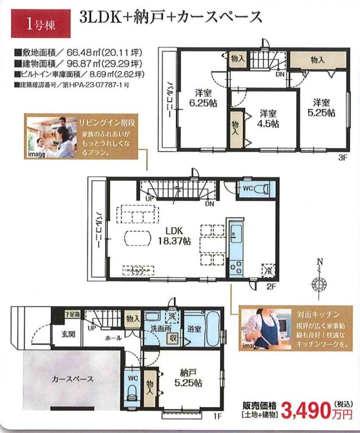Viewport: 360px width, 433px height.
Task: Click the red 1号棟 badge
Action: (41, 24)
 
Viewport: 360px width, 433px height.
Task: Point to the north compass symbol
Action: (319, 280)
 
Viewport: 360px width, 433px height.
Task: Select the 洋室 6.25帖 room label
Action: (202, 98)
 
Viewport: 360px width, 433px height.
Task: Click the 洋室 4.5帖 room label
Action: (267, 118)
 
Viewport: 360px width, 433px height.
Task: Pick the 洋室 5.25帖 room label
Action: (322, 108)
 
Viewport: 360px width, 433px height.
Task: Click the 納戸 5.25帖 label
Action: (188, 378)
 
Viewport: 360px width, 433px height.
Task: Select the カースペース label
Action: (73, 379)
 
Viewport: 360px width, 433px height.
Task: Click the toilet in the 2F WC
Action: (261, 189)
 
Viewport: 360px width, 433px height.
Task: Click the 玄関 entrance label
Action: (68, 334)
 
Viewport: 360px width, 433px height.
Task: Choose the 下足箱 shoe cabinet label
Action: (73, 314)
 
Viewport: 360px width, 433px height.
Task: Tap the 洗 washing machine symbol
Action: (172, 317)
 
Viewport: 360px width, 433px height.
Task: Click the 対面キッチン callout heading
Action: (318, 314)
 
